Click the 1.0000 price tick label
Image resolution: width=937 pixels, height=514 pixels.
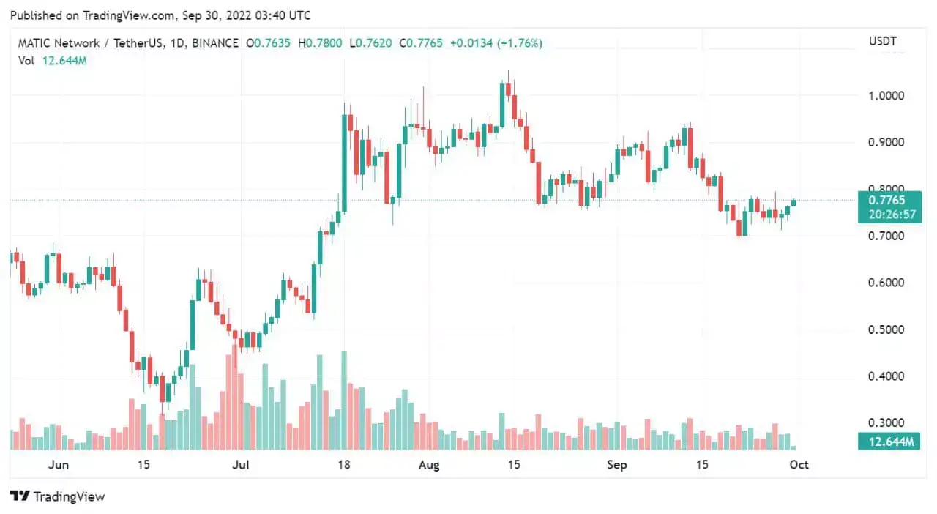[886, 96]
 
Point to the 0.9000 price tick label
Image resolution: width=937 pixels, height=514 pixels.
[886, 142]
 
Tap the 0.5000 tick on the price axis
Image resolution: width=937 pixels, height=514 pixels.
[886, 329]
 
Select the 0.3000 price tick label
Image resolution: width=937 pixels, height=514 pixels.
[886, 423]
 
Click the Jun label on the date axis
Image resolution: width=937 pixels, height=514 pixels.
[58, 465]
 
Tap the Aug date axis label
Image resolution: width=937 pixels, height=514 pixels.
[430, 465]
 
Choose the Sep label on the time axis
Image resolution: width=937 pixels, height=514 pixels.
[617, 465]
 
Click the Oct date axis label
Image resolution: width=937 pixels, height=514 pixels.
[799, 465]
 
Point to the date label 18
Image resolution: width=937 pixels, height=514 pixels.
[344, 465]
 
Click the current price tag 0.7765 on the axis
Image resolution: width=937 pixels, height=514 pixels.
[886, 200]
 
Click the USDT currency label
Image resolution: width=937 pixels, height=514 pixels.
[883, 42]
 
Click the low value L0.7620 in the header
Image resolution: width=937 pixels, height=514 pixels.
[373, 43]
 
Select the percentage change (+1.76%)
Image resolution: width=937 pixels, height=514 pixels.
[520, 43]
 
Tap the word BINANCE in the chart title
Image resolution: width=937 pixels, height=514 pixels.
[216, 43]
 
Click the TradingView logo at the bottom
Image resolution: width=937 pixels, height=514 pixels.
[58, 496]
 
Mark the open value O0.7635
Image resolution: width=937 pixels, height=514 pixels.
[269, 43]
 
